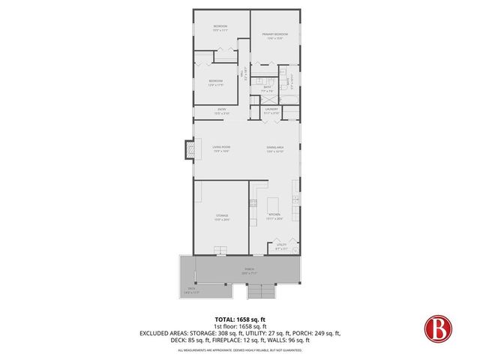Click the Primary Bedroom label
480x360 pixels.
coord(274,35)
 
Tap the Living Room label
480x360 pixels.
coord(220,148)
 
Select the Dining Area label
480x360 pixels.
coord(274,148)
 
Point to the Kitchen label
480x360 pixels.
coord(274,217)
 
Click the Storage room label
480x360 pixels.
coord(221,217)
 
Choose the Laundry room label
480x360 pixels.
coord(271,109)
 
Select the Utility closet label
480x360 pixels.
coord(281,245)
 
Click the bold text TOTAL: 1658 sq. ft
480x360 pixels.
coord(239,319)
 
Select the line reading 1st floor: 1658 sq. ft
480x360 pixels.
coord(239,325)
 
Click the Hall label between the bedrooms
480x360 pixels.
coord(244,74)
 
